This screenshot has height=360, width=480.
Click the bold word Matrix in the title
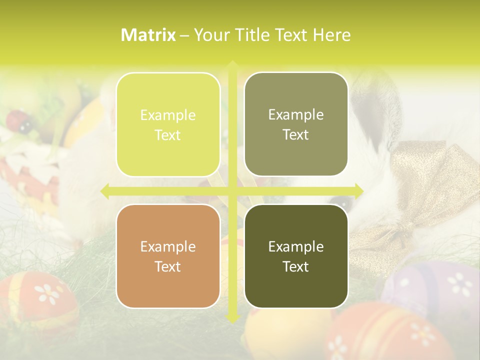click(148, 35)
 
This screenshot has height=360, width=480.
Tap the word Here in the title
click(331, 35)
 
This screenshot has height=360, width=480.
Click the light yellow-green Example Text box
click(168, 125)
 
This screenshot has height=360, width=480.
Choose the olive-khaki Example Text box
click(296, 124)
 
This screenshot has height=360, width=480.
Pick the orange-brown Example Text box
click(168, 256)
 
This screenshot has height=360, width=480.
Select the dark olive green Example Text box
click(296, 256)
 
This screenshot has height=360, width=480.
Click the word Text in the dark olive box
click(296, 266)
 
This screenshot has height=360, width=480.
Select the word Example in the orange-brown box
click(168, 246)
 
